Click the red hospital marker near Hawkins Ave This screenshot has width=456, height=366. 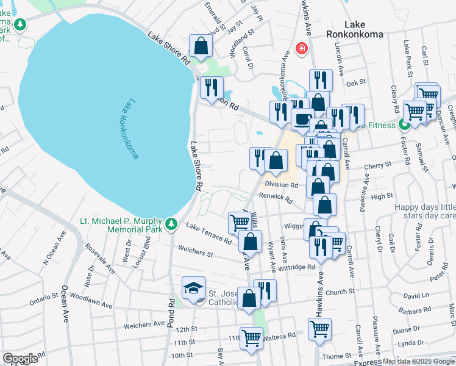301,49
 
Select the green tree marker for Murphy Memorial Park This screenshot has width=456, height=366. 172,224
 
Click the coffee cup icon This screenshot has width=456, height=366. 302,119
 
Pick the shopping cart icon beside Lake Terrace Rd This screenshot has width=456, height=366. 238,223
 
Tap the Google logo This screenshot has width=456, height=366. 20,359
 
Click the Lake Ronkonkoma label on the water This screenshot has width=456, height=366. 123,130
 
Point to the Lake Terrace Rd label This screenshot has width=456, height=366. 209,234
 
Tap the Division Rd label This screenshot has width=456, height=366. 281,185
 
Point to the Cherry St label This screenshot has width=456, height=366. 377,166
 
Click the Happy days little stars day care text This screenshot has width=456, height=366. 425,211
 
